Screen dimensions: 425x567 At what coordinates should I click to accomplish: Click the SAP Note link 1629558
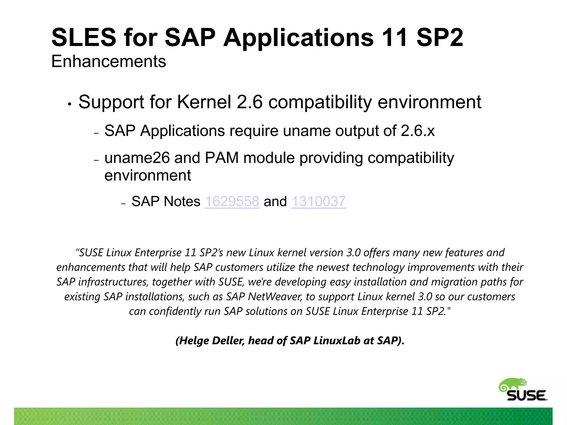232,201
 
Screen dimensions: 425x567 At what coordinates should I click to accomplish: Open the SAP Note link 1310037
318,201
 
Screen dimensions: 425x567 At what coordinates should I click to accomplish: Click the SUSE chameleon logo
523,390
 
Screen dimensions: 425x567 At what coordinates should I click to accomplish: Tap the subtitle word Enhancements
109,61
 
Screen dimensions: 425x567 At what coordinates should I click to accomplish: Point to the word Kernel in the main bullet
204,102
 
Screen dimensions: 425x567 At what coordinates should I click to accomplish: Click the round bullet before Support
70,104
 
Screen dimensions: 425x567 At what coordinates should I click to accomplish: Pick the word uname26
137,158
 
